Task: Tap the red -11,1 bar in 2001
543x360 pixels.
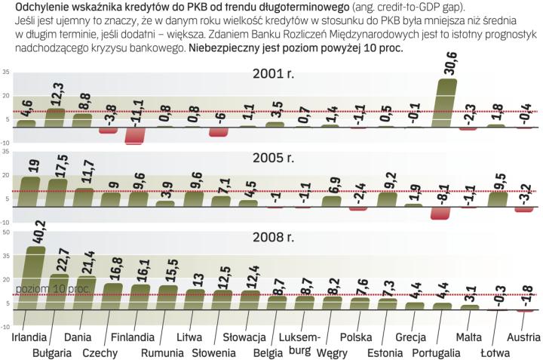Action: point(135,134)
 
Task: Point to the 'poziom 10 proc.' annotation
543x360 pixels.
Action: point(41,289)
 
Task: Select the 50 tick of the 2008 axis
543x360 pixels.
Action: point(7,233)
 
